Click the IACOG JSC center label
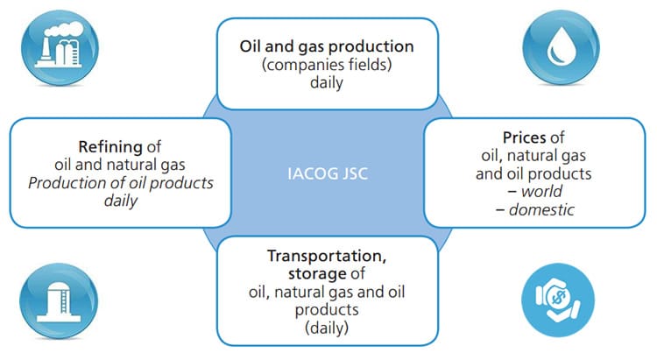[328, 173]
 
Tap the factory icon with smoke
[60, 47]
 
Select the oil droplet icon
[561, 47]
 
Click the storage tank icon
[59, 300]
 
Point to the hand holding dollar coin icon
[558, 300]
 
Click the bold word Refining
[110, 146]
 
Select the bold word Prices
[525, 138]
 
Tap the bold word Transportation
[327, 256]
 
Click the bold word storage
[318, 273]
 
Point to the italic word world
[541, 192]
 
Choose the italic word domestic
[541, 209]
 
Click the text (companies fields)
[327, 65]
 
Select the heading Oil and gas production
[327, 46]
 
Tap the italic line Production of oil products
[121, 183]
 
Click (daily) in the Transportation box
[327, 328]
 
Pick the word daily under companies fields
[327, 82]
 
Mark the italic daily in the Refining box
[121, 201]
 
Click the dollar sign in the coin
[558, 297]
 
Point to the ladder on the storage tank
[64, 301]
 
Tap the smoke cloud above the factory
[64, 29]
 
